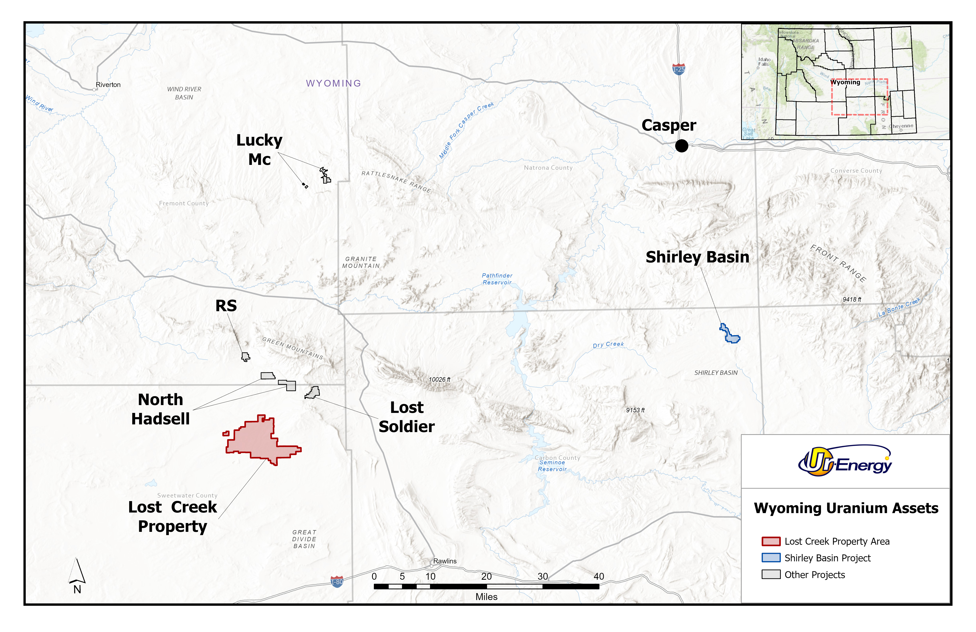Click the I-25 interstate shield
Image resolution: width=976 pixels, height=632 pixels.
click(679, 69)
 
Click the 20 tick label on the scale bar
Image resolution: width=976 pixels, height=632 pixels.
click(486, 576)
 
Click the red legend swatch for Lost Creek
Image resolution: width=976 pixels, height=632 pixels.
click(770, 541)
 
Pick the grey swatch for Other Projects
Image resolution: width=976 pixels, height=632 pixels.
click(770, 575)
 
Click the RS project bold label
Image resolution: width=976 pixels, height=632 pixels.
click(226, 306)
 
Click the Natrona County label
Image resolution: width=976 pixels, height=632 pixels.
click(548, 168)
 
